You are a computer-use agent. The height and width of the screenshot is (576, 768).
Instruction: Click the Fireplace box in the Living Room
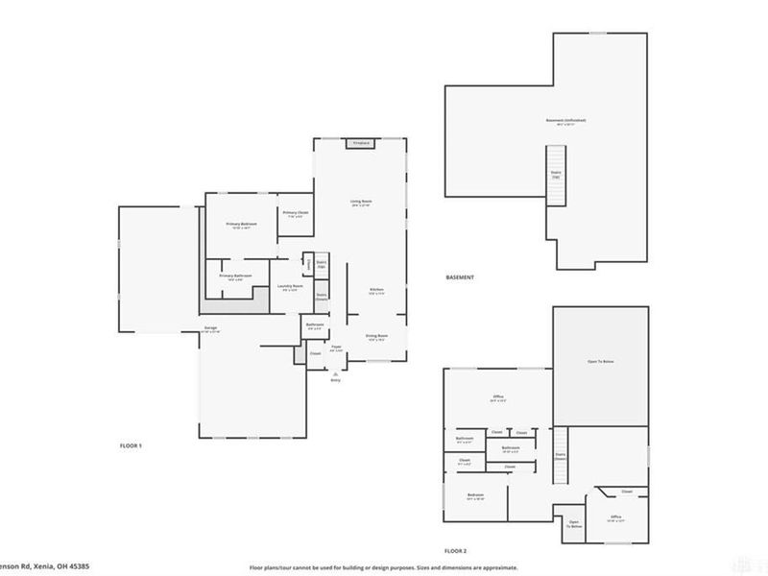[361, 143]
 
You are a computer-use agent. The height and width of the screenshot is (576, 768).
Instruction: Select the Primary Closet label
[295, 213]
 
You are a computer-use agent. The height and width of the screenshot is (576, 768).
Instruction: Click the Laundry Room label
[291, 286]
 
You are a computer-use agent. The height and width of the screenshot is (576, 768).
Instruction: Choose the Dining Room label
[375, 336]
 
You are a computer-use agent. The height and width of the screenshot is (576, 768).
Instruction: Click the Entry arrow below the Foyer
[335, 374]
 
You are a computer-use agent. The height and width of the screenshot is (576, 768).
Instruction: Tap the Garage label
[209, 328]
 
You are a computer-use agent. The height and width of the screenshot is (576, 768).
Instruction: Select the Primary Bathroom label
[235, 276]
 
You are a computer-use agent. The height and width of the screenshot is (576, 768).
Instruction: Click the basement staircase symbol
[555, 175]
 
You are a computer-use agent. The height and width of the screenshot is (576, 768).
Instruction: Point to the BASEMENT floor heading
[460, 277]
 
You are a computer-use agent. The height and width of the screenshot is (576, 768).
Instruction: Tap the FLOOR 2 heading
[454, 552]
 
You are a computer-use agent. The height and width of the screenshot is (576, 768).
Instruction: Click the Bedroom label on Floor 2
[475, 497]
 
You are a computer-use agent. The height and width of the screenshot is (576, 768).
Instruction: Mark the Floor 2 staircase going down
[561, 457]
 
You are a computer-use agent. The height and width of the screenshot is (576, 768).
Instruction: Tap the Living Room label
[361, 202]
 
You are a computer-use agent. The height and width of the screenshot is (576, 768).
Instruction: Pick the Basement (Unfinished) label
[565, 120]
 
